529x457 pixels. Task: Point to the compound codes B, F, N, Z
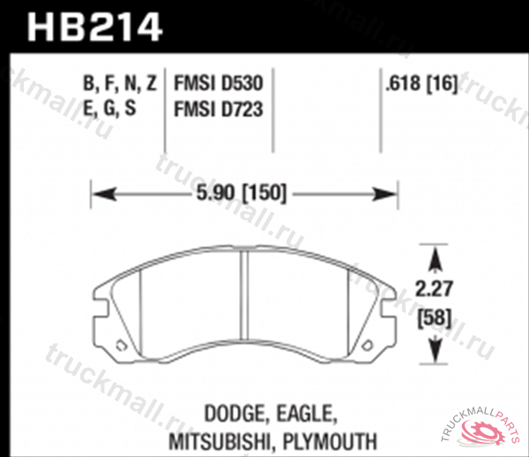pyautogui.click(x=120, y=85)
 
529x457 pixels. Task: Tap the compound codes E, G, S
pyautogui.click(x=110, y=111)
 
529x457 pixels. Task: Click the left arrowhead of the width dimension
pyautogui.click(x=99, y=191)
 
